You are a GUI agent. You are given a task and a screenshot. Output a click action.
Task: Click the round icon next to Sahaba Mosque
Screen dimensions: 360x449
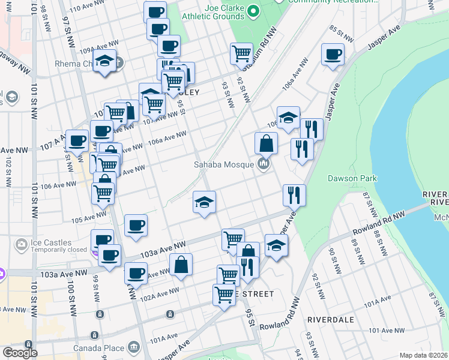pos(263,164)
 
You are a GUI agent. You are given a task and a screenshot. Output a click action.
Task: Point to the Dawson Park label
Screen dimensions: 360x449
pos(352,178)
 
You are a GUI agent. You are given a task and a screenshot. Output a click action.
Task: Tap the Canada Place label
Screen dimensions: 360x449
pos(99,348)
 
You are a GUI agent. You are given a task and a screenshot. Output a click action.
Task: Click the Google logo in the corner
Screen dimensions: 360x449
pos(20,353)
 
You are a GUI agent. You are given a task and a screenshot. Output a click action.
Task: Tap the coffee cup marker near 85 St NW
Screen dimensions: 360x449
pos(331,55)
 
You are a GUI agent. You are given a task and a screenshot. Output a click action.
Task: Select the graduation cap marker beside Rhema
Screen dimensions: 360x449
pos(104,61)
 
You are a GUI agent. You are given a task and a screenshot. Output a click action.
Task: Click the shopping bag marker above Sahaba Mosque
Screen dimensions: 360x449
pos(265,144)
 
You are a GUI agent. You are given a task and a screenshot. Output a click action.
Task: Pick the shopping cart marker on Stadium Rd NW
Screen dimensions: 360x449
pos(241,54)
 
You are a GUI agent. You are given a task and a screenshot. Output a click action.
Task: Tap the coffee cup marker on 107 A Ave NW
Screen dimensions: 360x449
pos(77,141)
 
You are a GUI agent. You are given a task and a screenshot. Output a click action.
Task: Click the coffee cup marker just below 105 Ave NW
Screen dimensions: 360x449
pos(135,226)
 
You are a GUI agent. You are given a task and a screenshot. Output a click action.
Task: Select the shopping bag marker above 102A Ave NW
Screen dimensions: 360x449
pos(181,264)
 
